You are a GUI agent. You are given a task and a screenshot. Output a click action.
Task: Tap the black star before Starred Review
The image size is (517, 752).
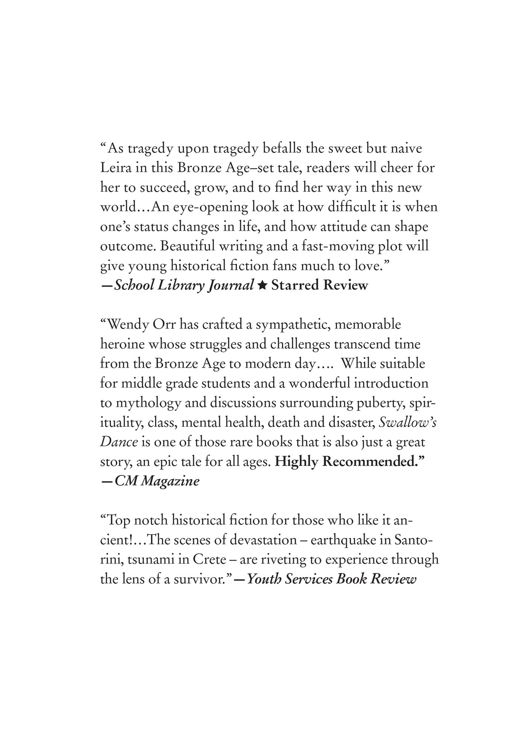pyautogui.click(x=262, y=286)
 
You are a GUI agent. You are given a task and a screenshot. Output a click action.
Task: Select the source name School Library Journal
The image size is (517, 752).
pyautogui.click(x=184, y=286)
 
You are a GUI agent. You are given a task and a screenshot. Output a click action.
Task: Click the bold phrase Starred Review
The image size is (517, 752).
pyautogui.click(x=320, y=285)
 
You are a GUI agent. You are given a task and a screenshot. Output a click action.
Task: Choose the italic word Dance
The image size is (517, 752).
pyautogui.click(x=119, y=442)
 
